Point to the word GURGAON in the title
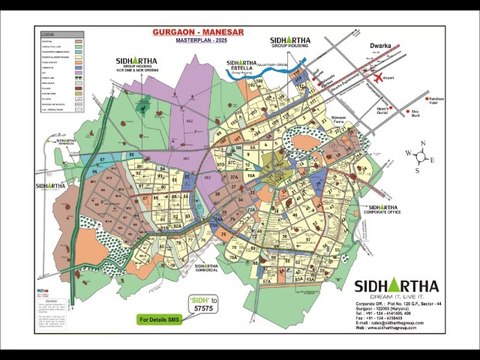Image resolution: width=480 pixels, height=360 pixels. coord(176,32)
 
